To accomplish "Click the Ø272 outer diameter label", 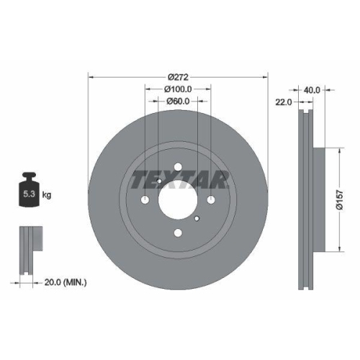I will (x=177, y=76).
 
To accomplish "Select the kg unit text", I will (x=48, y=195).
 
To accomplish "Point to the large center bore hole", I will (x=177, y=199).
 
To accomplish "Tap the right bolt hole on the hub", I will (x=210, y=200).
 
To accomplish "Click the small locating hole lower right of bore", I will (x=197, y=216).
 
